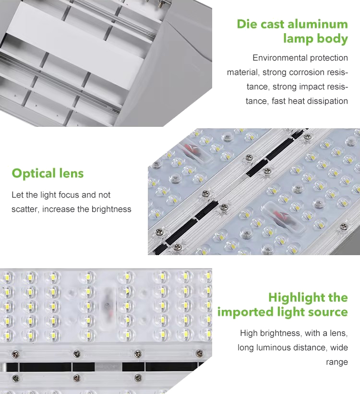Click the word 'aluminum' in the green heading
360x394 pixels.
click(x=318, y=25)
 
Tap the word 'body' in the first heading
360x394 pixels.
click(x=332, y=39)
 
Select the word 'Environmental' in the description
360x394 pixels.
click(x=280, y=58)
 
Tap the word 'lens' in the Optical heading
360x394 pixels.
click(x=72, y=173)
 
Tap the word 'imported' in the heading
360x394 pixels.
click(x=245, y=312)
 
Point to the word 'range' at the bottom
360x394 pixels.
click(x=337, y=362)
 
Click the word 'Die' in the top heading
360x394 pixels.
click(x=246, y=25)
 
